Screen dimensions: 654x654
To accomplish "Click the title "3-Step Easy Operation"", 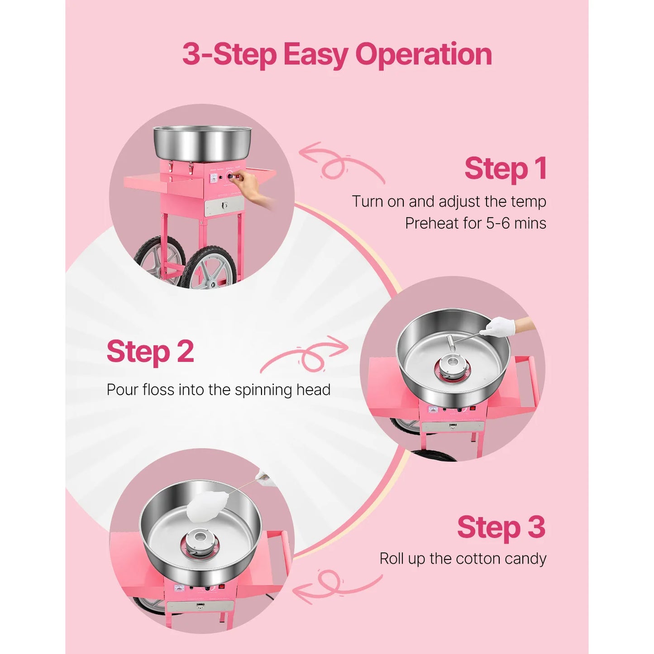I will pyautogui.click(x=337, y=54).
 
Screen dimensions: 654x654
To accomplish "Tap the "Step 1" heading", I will pyautogui.click(x=505, y=169).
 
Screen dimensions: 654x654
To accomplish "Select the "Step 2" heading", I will pyautogui.click(x=150, y=352).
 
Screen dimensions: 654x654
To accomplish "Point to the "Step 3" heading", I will pyautogui.click(x=501, y=528).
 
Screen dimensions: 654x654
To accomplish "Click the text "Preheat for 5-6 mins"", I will pyautogui.click(x=475, y=223).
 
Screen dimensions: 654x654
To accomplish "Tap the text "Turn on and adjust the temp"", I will pyautogui.click(x=449, y=201).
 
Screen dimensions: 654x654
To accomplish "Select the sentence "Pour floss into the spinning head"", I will pyautogui.click(x=219, y=390).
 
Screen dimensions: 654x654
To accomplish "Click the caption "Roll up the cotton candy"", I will pyautogui.click(x=463, y=559).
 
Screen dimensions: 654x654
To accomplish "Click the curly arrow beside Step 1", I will pyautogui.click(x=340, y=163).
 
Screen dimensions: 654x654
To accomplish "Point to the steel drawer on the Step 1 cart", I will pyautogui.click(x=224, y=206).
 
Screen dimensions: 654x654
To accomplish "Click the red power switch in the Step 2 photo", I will pyautogui.click(x=473, y=408).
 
